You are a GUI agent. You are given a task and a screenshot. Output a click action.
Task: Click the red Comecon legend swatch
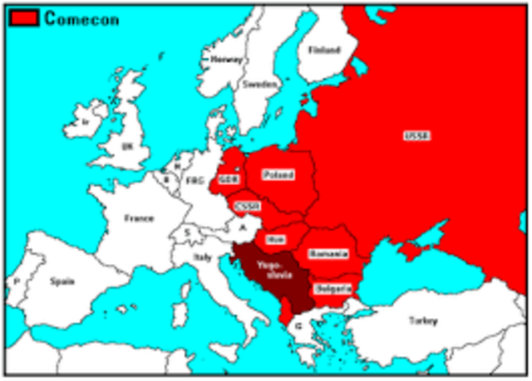(x=22, y=18)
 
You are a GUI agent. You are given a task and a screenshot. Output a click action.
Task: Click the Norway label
(x=226, y=60)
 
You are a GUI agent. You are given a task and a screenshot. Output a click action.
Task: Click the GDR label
(x=229, y=179)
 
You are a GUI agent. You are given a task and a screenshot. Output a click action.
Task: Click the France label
(x=139, y=218)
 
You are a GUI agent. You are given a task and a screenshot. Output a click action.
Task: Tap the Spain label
(x=62, y=281)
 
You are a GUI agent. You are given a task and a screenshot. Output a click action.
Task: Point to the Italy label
(x=203, y=259)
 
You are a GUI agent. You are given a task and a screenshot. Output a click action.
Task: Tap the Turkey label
(x=422, y=320)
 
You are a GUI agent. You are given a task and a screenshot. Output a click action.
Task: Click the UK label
(x=127, y=146)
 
